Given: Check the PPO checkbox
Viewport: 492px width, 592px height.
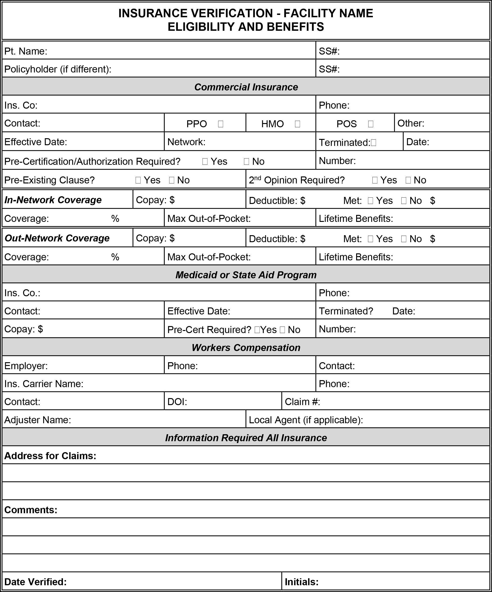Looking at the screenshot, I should coord(220,124).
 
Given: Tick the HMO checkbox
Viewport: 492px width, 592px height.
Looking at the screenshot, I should coord(297,124).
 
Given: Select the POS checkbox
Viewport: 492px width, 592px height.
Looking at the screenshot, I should coord(371,124).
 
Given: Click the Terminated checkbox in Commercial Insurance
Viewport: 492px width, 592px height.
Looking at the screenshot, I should coord(373,143).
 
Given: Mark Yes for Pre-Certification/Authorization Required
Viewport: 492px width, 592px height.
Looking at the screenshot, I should coord(205,162).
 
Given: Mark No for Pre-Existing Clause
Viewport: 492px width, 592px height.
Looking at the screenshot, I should coord(172,180).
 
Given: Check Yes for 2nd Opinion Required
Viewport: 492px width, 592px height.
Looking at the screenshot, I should coord(375,180).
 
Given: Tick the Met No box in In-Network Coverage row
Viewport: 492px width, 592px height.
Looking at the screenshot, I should coord(403,201).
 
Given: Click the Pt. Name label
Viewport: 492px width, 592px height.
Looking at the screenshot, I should coord(26,51).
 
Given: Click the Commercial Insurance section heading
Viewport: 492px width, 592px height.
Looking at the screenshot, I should coord(246,87).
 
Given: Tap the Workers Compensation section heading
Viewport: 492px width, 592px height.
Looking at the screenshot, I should coord(246,348).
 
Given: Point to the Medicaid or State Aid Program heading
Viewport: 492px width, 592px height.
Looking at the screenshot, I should coord(246,275).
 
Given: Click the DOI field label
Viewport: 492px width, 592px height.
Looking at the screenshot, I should coord(177,402).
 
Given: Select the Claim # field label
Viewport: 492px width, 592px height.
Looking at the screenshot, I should coord(302,402).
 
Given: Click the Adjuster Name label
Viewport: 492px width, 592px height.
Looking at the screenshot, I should coord(38,420).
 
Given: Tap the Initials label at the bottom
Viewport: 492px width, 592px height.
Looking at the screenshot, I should coord(301,582).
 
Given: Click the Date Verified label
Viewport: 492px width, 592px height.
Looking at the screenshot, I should coord(35,582).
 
